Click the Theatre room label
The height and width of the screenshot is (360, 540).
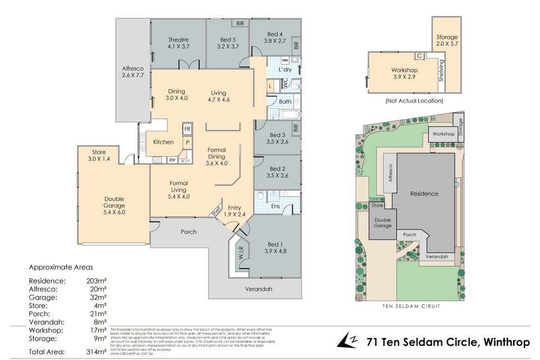pyautogui.click(x=179, y=43)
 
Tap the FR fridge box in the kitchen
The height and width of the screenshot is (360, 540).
pyautogui.click(x=187, y=129)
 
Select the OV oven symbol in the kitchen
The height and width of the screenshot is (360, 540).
pyautogui.click(x=172, y=160)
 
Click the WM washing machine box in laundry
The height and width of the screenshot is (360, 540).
pyautogui.click(x=285, y=60)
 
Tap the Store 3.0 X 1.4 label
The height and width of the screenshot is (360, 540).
pyautogui.click(x=99, y=155)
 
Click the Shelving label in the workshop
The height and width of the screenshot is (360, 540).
pyautogui.click(x=442, y=70)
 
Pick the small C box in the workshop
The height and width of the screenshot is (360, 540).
pyautogui.click(x=419, y=56)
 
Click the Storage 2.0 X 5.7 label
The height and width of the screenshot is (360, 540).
pyautogui.click(x=447, y=40)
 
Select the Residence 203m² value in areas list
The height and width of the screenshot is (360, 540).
pyautogui.click(x=97, y=281)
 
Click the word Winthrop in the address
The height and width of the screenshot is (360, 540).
pyautogui.click(x=507, y=342)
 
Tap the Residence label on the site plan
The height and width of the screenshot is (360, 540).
pyautogui.click(x=424, y=193)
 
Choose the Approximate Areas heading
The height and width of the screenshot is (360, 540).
pyautogui.click(x=61, y=267)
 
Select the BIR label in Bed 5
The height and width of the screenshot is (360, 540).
pyautogui.click(x=240, y=23)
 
